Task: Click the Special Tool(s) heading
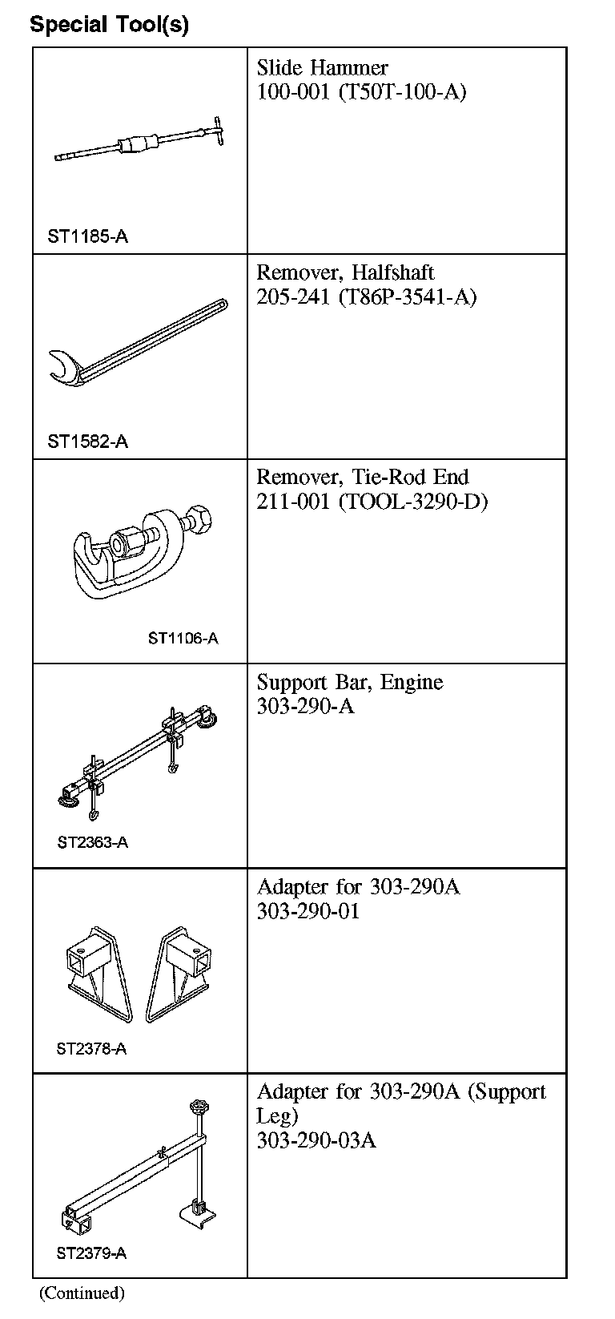[x=110, y=24]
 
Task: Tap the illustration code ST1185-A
[x=87, y=236]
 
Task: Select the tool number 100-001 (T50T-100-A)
[x=361, y=92]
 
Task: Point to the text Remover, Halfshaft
[x=345, y=272]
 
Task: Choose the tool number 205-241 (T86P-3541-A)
[x=366, y=297]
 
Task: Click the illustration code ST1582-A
[x=87, y=442]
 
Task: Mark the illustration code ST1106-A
[x=183, y=639]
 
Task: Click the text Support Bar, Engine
[x=349, y=683]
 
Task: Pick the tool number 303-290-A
[x=305, y=707]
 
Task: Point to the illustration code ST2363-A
[x=92, y=842]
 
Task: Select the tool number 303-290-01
[x=308, y=912]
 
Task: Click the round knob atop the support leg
[x=198, y=1108]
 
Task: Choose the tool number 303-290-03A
[x=316, y=1140]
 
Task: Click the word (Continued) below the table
[x=82, y=1293]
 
